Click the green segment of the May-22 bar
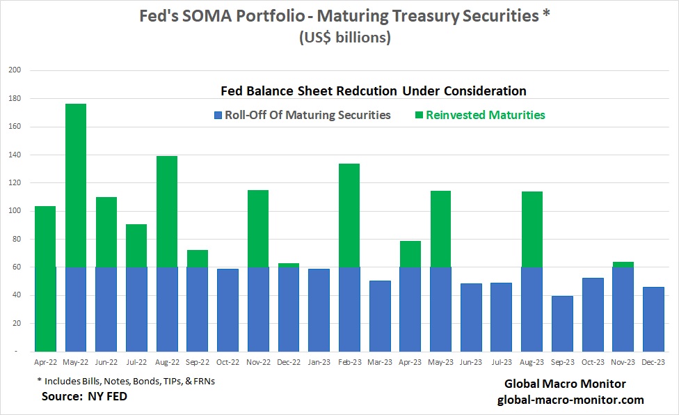(76, 185)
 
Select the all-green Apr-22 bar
(45, 279)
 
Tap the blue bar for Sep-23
(563, 324)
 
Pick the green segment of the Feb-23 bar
(349, 215)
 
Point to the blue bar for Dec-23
(653, 320)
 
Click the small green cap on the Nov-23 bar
(623, 265)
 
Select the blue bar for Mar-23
(381, 316)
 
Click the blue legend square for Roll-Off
(218, 115)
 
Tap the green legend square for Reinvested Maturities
(419, 115)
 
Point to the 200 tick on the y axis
(15, 70)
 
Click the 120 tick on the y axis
(15, 183)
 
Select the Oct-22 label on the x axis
(227, 362)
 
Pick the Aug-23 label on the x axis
(532, 362)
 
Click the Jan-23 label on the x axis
(319, 362)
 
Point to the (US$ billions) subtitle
(345, 38)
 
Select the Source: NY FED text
(84, 396)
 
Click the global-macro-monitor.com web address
(570, 400)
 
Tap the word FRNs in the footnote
(205, 381)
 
